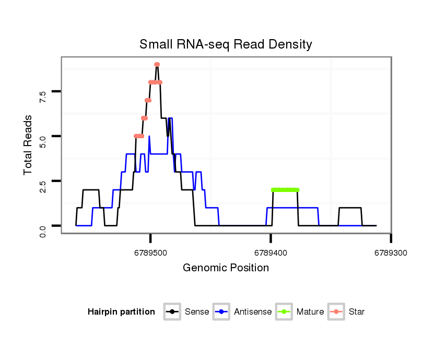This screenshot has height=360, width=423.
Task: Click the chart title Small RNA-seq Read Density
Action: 226,44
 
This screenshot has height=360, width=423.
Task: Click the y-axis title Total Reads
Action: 29,145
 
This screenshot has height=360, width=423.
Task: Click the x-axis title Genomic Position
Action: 226,268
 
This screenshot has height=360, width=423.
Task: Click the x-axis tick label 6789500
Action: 150,253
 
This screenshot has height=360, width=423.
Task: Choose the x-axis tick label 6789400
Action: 271,253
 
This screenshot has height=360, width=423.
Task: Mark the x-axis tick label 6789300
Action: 391,253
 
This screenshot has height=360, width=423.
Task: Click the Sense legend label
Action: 197,312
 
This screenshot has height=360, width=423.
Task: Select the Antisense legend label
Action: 253,312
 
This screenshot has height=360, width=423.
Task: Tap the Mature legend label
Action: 310,312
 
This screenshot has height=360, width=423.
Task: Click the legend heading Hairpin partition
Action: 121,312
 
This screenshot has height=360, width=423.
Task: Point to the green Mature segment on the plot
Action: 285,190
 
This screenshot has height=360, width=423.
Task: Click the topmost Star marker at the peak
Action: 157,65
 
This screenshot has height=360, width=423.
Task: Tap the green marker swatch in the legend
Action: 286,312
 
